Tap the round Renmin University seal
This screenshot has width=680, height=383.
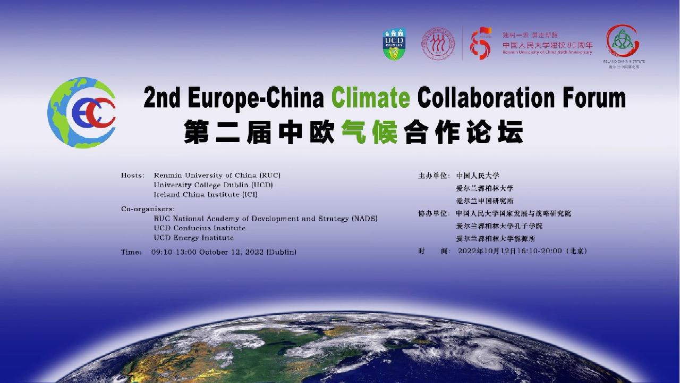438,44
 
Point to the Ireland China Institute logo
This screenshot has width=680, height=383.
623,43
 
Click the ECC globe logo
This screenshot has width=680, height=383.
81,113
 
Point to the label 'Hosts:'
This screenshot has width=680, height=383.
133,176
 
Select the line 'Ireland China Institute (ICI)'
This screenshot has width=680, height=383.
206,195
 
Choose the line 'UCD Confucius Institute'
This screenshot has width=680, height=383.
200,228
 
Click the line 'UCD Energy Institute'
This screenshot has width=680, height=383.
194,238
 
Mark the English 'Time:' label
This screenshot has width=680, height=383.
131,252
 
